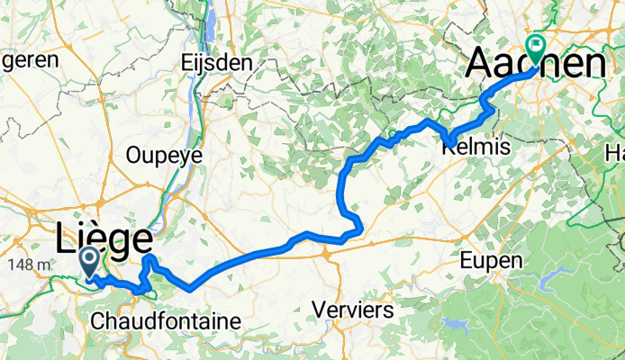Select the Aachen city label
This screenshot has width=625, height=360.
[x=535, y=63]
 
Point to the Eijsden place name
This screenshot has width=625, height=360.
[x=215, y=63]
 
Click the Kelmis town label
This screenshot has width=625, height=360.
[x=478, y=147]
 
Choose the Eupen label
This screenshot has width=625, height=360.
[x=490, y=261]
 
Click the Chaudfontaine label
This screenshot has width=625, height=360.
[x=166, y=320]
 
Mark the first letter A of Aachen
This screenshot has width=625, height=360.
[x=480, y=63]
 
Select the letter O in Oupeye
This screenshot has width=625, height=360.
[x=135, y=154]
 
